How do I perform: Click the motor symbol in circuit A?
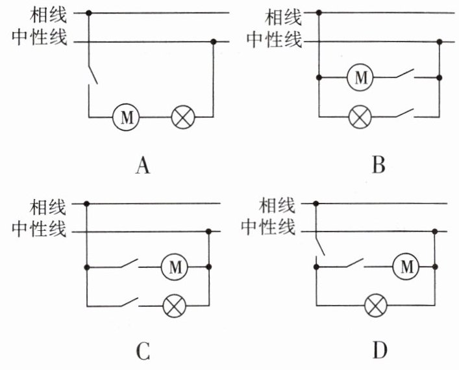[x=127, y=117]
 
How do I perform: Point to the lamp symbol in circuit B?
[x=359, y=117]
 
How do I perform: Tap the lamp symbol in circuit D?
[x=375, y=304]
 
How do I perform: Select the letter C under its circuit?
[x=143, y=352]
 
